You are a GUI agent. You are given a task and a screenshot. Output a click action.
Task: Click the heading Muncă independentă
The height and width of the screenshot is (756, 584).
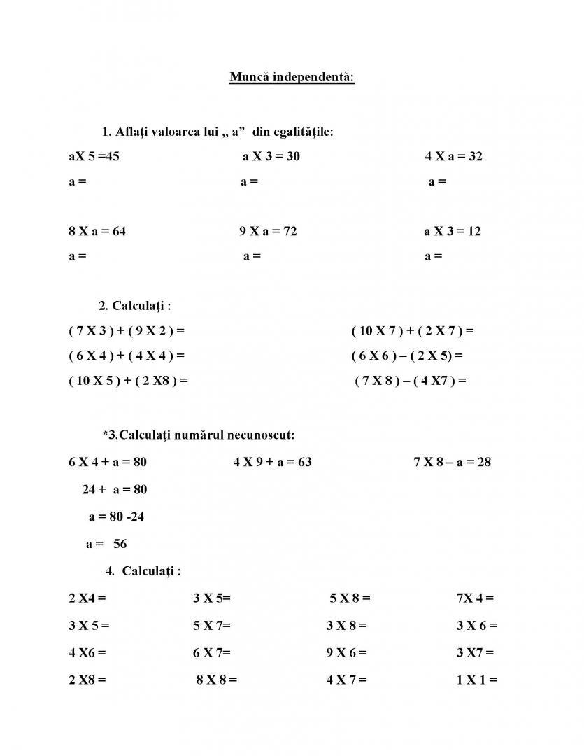click(x=292, y=76)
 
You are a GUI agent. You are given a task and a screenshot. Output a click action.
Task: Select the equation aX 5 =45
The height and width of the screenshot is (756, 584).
click(x=94, y=156)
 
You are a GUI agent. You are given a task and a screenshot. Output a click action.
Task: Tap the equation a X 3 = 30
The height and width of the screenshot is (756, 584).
click(x=271, y=156)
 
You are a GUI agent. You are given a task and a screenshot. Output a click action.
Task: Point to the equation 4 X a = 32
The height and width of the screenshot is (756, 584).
click(x=453, y=156)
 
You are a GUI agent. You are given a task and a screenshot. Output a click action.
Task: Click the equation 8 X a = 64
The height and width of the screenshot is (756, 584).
click(x=97, y=231)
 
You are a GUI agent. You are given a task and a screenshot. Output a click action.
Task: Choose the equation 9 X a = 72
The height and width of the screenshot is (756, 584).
click(x=268, y=231)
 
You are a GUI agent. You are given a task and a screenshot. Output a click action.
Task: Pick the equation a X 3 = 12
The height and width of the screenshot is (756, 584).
click(x=453, y=231)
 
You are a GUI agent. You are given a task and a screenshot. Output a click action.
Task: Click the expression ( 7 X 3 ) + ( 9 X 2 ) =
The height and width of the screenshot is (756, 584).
click(x=127, y=330)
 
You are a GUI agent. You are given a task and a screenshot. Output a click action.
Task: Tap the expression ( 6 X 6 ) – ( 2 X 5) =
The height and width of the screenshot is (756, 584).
click(x=407, y=356)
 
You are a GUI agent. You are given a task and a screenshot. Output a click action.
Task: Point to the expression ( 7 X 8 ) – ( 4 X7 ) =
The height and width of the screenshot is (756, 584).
click(x=411, y=381)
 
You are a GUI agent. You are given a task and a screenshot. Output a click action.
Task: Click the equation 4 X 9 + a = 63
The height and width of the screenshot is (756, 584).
click(x=272, y=462)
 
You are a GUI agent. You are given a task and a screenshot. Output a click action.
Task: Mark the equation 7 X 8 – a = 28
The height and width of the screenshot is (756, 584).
click(x=452, y=462)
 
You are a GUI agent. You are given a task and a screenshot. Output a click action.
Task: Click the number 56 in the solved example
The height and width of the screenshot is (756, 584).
click(x=120, y=544)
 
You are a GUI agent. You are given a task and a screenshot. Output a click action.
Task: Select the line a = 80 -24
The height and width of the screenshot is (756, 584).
click(x=116, y=517)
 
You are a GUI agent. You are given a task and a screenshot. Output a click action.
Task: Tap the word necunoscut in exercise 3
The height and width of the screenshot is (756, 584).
click(x=261, y=435)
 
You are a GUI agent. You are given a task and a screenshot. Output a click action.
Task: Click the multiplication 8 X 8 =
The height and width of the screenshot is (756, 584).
click(x=217, y=679)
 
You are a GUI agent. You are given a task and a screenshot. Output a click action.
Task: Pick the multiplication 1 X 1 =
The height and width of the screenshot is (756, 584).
click(x=476, y=679)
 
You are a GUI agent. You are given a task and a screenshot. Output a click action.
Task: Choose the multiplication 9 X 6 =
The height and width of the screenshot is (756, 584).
click(x=346, y=652)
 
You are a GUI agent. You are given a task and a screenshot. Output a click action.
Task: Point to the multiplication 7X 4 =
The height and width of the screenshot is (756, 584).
click(x=475, y=598)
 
